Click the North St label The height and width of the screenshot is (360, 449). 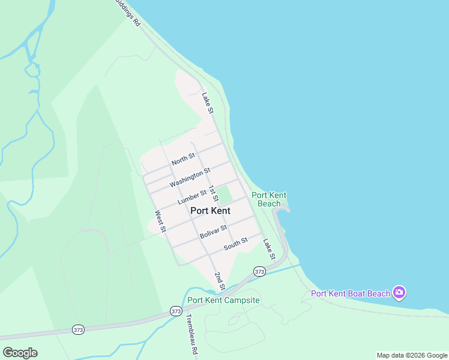click(183, 159)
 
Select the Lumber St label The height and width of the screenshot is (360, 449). click(192, 196)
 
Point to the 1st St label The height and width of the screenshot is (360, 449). click(213, 193)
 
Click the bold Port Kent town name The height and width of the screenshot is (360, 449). click(210, 211)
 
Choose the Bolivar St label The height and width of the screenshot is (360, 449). click(213, 232)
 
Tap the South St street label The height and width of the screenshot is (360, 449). click(235, 244)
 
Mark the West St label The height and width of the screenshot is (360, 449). click(160, 221)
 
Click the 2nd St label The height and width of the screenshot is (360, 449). click(220, 281)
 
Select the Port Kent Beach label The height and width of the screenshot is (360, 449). click(269, 199)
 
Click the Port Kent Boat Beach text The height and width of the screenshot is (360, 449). click(351, 293)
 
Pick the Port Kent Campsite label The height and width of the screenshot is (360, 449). click(223, 300)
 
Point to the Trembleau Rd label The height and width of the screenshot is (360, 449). click(191, 334)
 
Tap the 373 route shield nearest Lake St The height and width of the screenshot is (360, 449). click(259, 272)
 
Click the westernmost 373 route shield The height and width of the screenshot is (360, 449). click(79, 329)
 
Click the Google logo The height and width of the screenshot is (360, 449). click(20, 353)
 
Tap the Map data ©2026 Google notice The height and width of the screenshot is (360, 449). click(411, 355)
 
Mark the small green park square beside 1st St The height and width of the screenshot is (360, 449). click(224, 195)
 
